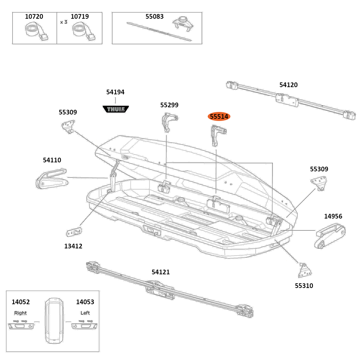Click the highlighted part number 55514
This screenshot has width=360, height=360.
tap(219, 117)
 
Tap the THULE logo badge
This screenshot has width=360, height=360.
tap(116, 109)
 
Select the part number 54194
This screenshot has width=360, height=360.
tap(115, 92)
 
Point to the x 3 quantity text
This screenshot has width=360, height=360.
tap(64, 22)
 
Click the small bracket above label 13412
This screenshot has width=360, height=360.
tap(75, 231)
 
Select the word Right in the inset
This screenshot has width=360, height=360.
tap(21, 313)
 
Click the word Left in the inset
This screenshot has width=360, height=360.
tap(85, 313)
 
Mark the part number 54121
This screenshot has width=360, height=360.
tap(161, 272)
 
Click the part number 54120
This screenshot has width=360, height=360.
tap(288, 85)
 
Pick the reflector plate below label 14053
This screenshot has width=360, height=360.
tap(85, 326)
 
